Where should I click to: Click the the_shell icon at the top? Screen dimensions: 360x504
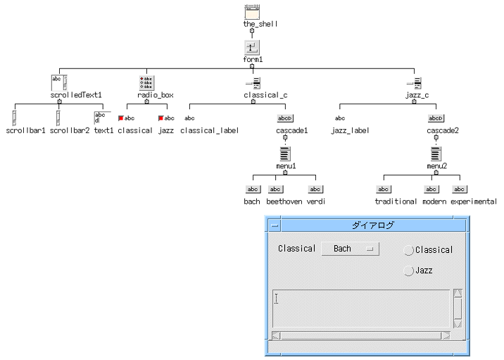(252, 12)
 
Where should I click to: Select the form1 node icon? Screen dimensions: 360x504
(252, 47)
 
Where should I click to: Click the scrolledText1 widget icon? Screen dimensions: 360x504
(58, 82)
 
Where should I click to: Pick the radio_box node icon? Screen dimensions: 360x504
(146, 82)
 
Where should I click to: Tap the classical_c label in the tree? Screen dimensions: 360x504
(265, 94)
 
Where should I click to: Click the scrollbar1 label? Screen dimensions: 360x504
(25, 130)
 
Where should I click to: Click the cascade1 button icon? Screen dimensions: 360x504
(285, 118)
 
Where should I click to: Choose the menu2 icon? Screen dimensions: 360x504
(436, 154)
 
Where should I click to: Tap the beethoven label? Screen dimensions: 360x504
(283, 201)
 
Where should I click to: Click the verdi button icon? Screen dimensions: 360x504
(316, 189)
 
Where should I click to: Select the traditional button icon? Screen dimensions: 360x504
(384, 189)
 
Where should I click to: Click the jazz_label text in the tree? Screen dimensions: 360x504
(350, 130)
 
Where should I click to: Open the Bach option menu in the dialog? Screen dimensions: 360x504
(350, 249)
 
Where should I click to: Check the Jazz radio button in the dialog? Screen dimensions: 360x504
(408, 271)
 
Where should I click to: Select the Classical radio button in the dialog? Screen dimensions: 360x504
(408, 250)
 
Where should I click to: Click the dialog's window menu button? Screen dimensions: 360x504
(275, 225)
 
